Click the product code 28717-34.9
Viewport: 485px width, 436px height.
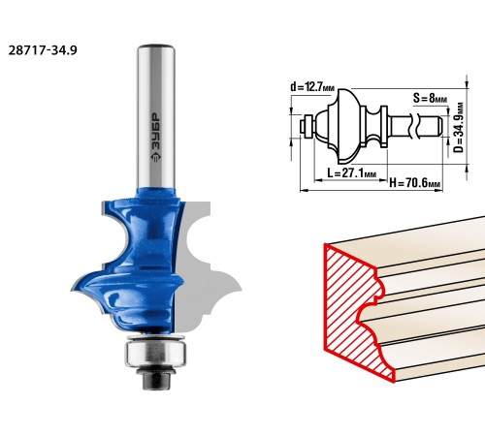(43, 50)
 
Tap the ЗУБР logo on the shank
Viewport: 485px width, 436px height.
(156, 138)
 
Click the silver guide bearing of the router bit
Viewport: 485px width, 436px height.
(155, 354)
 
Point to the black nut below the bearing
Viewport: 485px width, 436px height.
(156, 378)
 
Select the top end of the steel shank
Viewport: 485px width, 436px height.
(156, 46)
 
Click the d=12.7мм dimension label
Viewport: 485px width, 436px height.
(312, 86)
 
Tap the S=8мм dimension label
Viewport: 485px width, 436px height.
(430, 98)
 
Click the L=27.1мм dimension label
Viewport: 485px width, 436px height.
(352, 173)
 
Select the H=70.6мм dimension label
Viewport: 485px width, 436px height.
(415, 183)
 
